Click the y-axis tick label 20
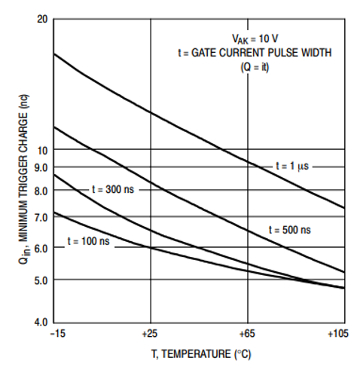click(x=43, y=18)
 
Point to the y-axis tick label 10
click(x=43, y=150)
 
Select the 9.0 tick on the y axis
click(x=41, y=167)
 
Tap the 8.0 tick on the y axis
click(x=41, y=191)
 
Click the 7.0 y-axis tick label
click(x=41, y=217)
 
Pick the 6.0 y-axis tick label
click(x=41, y=248)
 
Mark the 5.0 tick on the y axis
click(x=41, y=280)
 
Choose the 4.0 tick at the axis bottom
click(x=41, y=323)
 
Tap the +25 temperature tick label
click(x=151, y=333)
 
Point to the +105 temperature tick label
click(x=340, y=333)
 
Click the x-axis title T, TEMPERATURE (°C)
click(x=200, y=352)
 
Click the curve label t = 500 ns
click(x=289, y=228)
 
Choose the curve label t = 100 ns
click(x=88, y=241)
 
